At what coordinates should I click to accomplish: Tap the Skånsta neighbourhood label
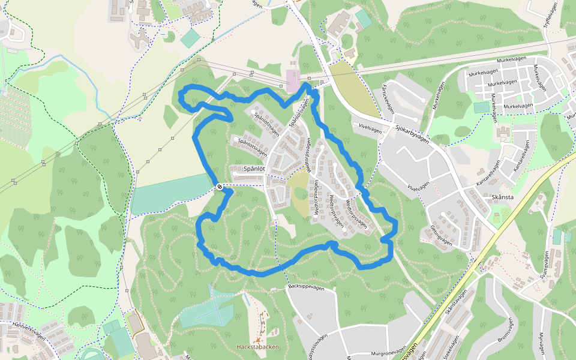pyautogui.click(x=502, y=197)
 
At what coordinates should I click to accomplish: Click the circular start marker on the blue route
pyautogui.click(x=220, y=187)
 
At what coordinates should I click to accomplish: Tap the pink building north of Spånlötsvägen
pyautogui.click(x=292, y=80)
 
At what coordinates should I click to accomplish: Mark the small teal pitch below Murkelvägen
pyautogui.click(x=481, y=107)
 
